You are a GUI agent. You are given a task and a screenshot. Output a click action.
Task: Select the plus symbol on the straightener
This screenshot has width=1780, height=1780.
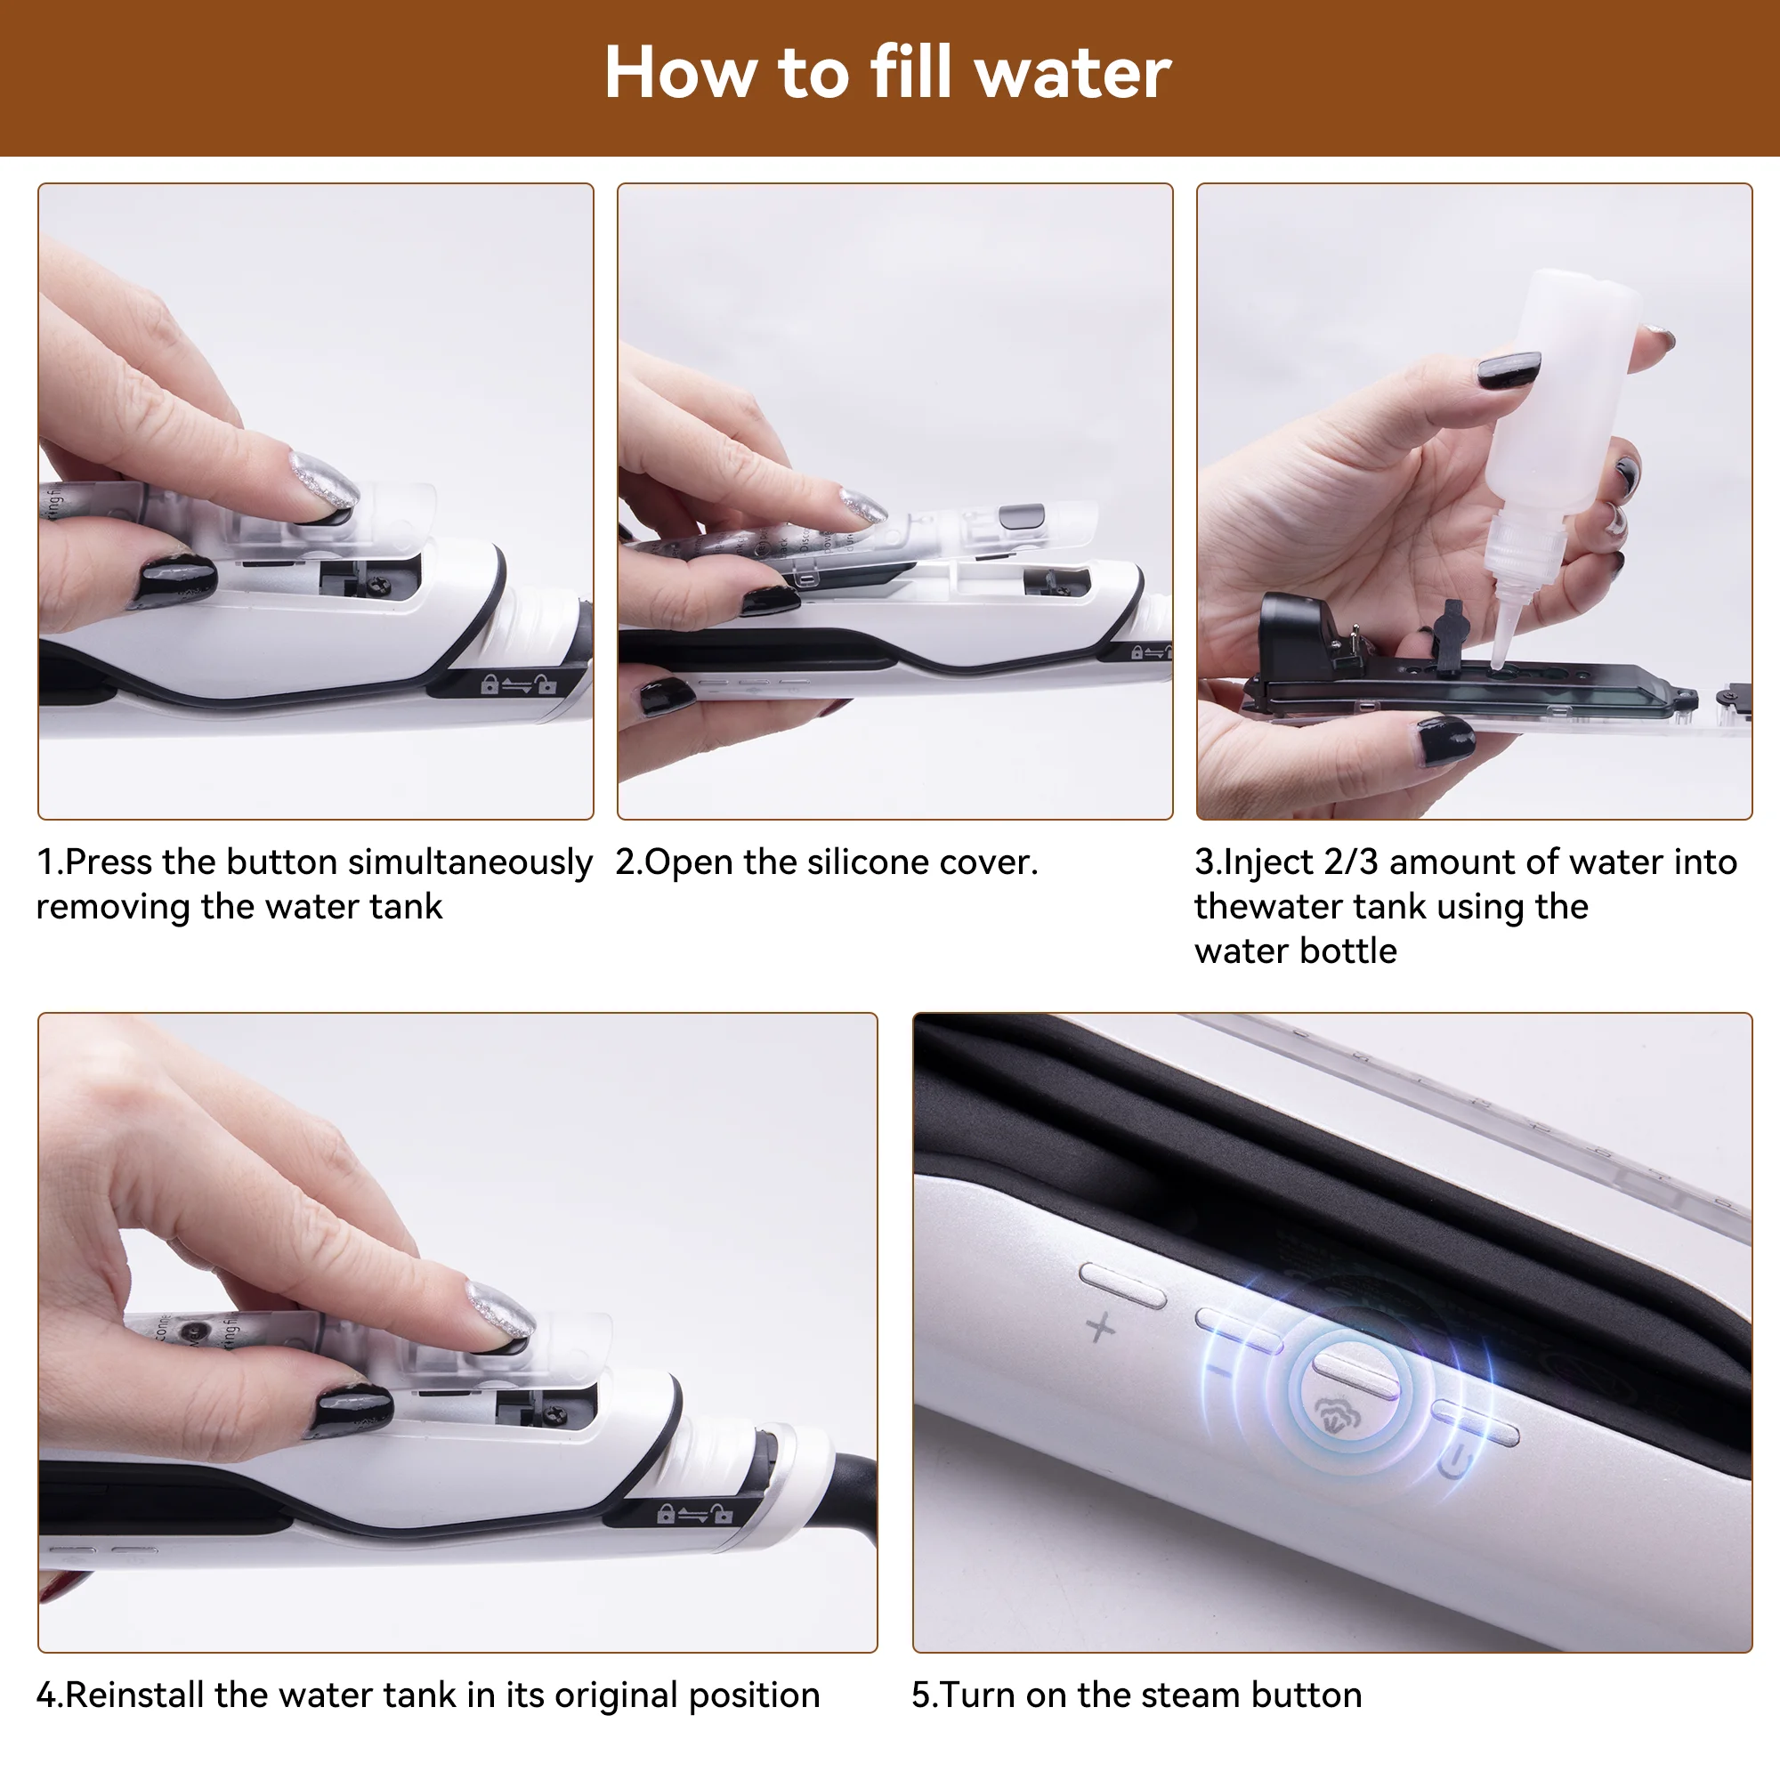point(1101,1328)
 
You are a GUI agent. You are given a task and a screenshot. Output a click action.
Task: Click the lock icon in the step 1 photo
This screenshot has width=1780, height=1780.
point(490,684)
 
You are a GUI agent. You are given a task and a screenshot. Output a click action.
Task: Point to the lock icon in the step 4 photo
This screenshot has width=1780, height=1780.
point(665,1514)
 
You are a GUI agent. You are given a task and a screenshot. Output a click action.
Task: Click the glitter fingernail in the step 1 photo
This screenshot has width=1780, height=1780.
point(321,477)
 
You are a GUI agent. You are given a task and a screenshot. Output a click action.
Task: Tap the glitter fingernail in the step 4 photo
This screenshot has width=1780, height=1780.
point(500,1308)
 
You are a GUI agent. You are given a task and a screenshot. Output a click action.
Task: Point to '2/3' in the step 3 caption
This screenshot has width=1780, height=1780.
point(1351,862)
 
